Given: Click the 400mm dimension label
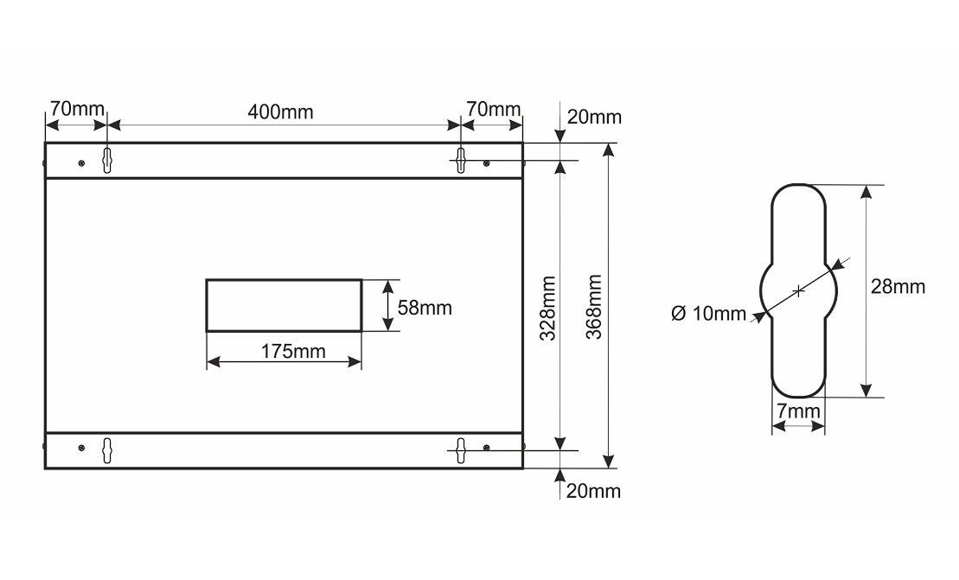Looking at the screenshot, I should (x=280, y=112).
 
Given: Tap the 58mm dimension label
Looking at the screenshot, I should (x=424, y=306).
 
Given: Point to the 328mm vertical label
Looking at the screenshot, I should (x=547, y=308).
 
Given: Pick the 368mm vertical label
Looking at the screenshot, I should (x=593, y=308).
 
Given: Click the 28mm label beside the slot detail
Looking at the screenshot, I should (x=898, y=287).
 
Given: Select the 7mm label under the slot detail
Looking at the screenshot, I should (x=797, y=412).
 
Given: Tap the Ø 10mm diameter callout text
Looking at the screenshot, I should (x=707, y=314).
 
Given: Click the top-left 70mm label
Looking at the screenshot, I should (x=76, y=110).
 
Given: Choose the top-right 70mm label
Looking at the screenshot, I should (x=493, y=110).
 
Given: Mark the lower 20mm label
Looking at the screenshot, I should (x=593, y=491).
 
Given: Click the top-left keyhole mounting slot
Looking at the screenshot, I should (x=107, y=160).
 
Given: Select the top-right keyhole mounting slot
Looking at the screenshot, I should (x=461, y=160).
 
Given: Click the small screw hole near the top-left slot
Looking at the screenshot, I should (x=81, y=163).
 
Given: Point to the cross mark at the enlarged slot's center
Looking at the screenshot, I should (x=799, y=290).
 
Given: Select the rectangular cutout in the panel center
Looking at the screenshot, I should (x=284, y=305).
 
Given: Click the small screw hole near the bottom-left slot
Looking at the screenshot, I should (x=81, y=447).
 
